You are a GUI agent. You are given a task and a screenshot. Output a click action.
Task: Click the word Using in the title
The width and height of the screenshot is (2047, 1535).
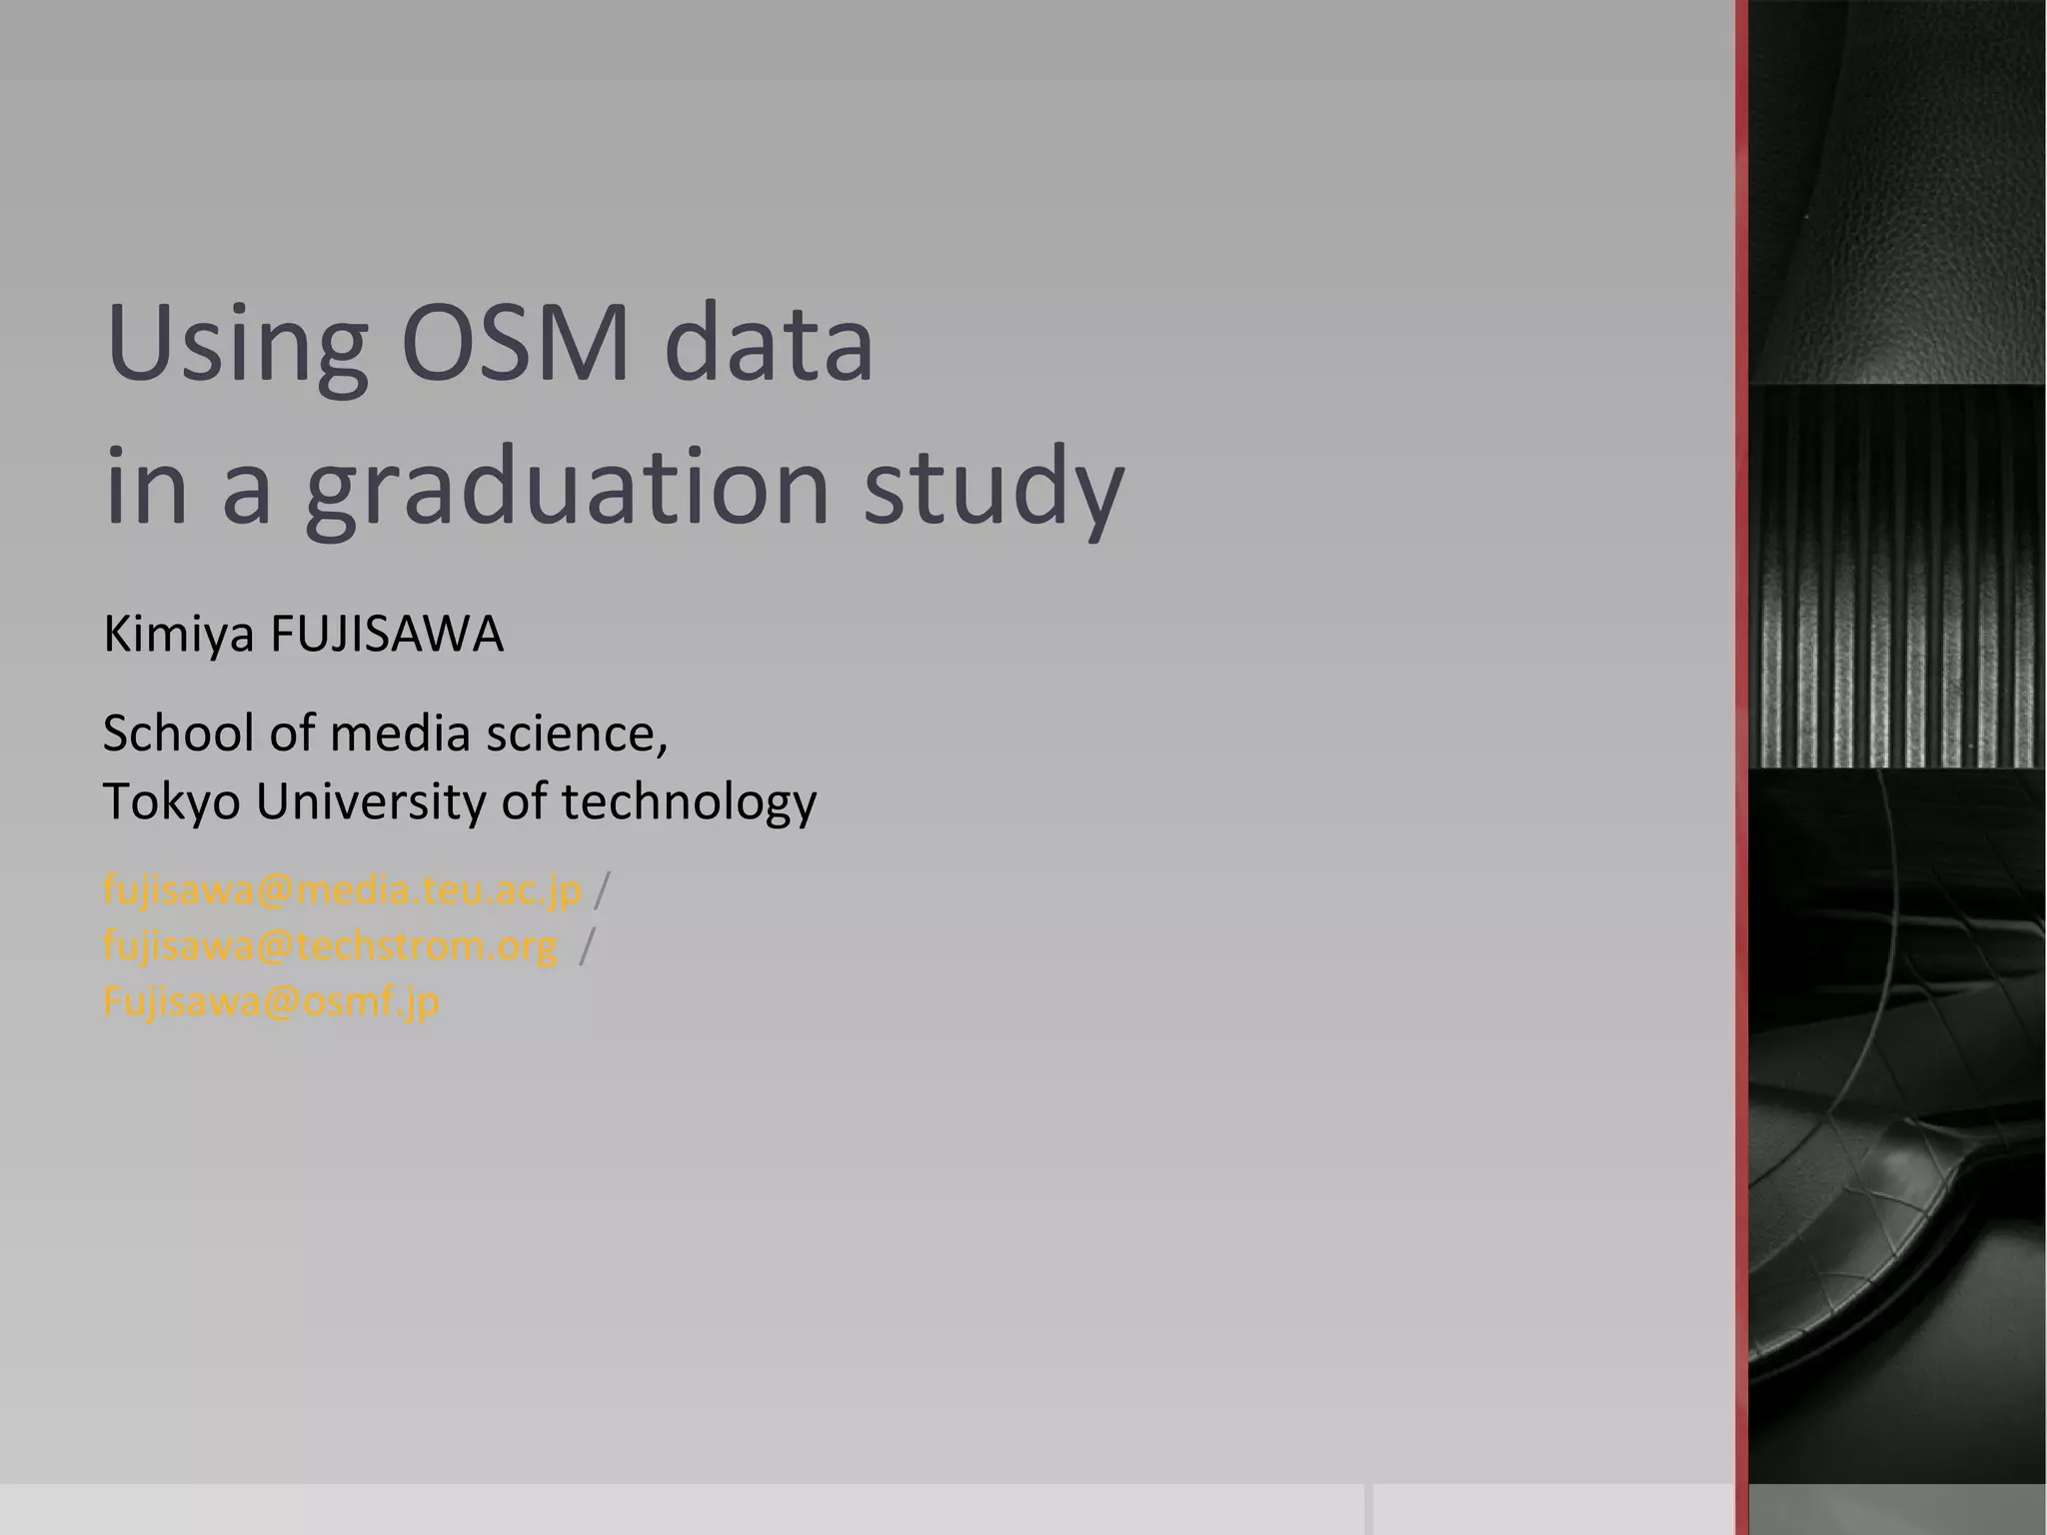click(236, 345)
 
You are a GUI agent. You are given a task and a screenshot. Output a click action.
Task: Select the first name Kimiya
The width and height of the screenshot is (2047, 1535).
click(179, 636)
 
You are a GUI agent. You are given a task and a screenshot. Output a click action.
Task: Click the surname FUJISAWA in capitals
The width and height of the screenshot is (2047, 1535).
click(387, 636)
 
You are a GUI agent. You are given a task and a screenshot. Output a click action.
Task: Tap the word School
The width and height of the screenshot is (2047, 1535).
click(179, 734)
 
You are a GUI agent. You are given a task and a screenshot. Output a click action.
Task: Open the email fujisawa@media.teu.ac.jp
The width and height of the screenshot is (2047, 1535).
click(342, 889)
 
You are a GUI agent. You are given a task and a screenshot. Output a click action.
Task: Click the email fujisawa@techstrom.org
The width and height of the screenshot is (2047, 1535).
click(330, 945)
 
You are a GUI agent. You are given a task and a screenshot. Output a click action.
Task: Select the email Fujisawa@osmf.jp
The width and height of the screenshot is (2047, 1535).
click(271, 1001)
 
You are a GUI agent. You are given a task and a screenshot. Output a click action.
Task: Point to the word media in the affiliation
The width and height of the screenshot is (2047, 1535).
click(399, 734)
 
